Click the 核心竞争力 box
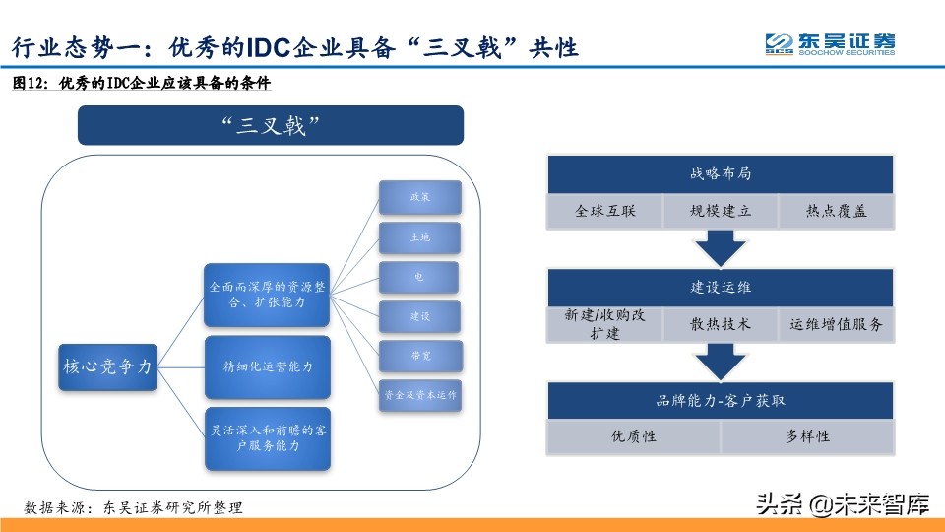(107, 366)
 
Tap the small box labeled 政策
(419, 197)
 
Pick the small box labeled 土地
(419, 237)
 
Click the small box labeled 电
(419, 277)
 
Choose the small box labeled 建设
(419, 316)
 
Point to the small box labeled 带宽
(419, 356)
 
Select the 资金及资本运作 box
(419, 395)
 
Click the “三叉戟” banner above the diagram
(271, 126)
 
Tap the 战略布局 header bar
(721, 174)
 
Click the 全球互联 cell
(603, 211)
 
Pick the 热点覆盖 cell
(836, 211)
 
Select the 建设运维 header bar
(721, 287)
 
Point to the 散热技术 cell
(721, 324)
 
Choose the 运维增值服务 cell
(836, 324)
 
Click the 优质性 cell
(634, 436)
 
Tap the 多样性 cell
(807, 436)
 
